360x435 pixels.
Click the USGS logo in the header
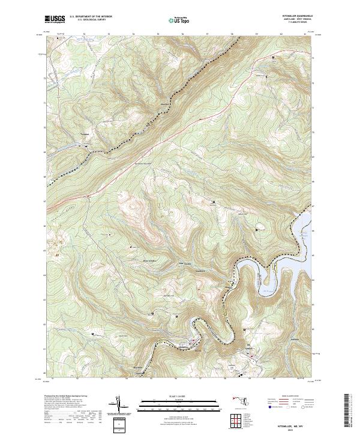pos(55,20)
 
